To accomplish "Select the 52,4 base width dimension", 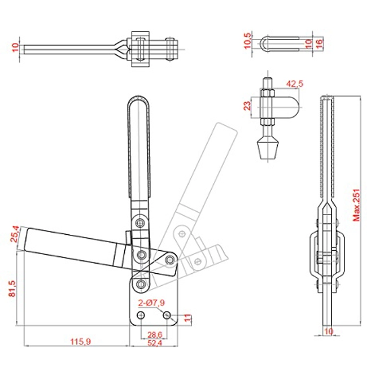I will [x=148, y=343].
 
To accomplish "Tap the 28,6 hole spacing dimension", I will [x=148, y=334].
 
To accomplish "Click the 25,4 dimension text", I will [x=16, y=234].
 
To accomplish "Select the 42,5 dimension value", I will [x=294, y=84].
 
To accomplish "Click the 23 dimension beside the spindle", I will [x=248, y=106].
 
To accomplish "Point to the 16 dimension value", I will [x=319, y=43].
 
